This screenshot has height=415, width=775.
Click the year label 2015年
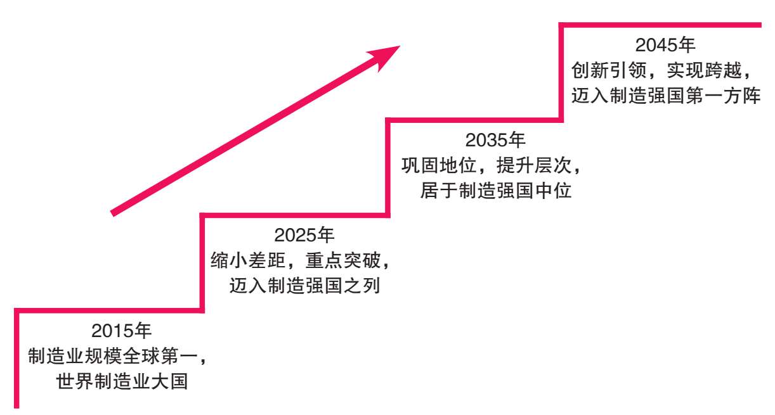coord(121,331)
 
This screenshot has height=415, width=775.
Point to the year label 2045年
coord(665,46)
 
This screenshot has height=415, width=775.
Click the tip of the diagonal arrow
coord(399,46)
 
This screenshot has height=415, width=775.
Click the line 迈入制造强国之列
coord(304,286)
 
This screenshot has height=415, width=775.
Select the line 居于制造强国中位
coord(496,190)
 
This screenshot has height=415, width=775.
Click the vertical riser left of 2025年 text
coord(202,263)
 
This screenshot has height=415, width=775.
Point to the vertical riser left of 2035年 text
coord(390,168)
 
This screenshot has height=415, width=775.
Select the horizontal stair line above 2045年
coord(660,25)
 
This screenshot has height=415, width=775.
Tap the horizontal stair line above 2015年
coord(108,310)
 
